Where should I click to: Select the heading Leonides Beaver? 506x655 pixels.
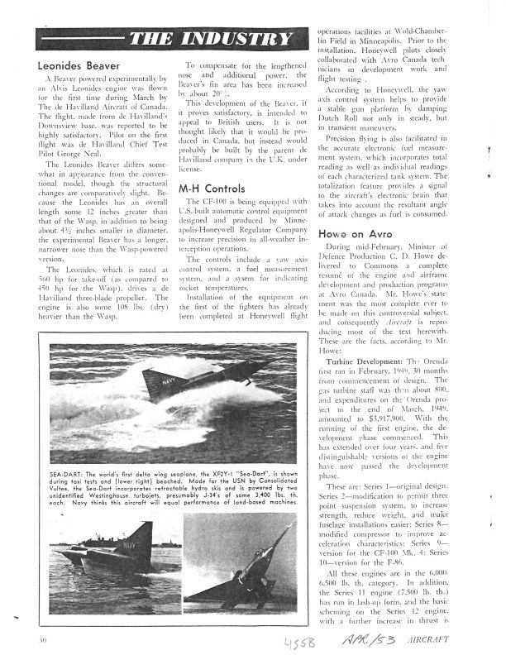click(80, 65)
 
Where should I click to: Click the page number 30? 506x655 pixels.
click(41, 640)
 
